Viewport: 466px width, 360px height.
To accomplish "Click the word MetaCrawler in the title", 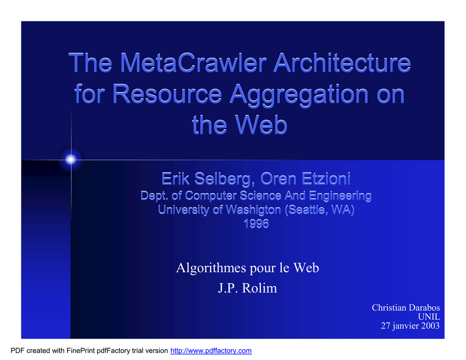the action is click(193, 63).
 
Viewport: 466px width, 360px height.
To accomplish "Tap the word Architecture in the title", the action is click(342, 63).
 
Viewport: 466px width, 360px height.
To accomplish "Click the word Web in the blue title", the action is click(261, 125).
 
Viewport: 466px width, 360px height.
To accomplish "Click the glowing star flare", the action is click(71, 160).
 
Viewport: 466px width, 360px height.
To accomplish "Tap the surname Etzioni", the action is click(326, 179).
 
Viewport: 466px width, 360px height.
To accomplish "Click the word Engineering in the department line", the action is click(340, 196).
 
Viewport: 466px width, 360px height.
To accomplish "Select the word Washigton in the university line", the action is click(253, 210).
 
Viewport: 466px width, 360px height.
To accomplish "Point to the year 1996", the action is click(256, 224).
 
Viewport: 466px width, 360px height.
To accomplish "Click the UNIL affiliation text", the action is click(429, 317).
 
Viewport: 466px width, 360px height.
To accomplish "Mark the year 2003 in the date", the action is click(430, 326).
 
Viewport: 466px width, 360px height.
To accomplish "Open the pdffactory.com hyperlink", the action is click(211, 351).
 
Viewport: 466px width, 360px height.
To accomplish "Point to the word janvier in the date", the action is click(405, 326).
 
